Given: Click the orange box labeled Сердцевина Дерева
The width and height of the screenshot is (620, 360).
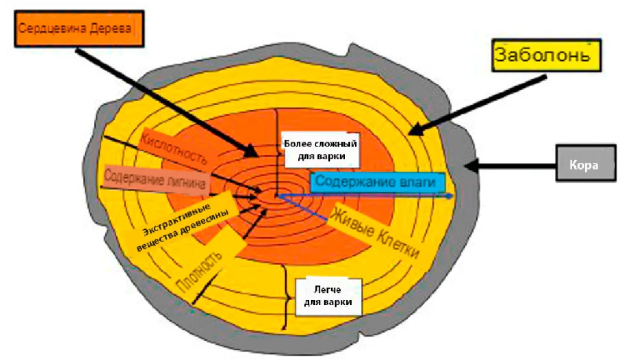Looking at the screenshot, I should click(79, 28).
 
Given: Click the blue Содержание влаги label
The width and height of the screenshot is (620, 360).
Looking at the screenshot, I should click(375, 183).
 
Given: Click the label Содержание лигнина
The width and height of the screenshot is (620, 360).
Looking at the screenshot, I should click(155, 179).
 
